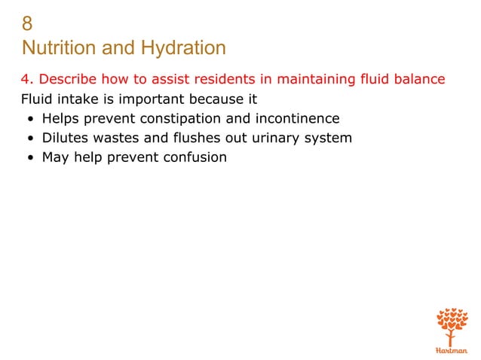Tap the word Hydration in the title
click(x=182, y=49)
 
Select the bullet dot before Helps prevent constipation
click(x=28, y=119)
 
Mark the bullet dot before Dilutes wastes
click(x=28, y=139)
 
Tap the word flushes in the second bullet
click(x=195, y=138)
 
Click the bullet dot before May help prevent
click(x=28, y=158)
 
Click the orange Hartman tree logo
click(x=452, y=327)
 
